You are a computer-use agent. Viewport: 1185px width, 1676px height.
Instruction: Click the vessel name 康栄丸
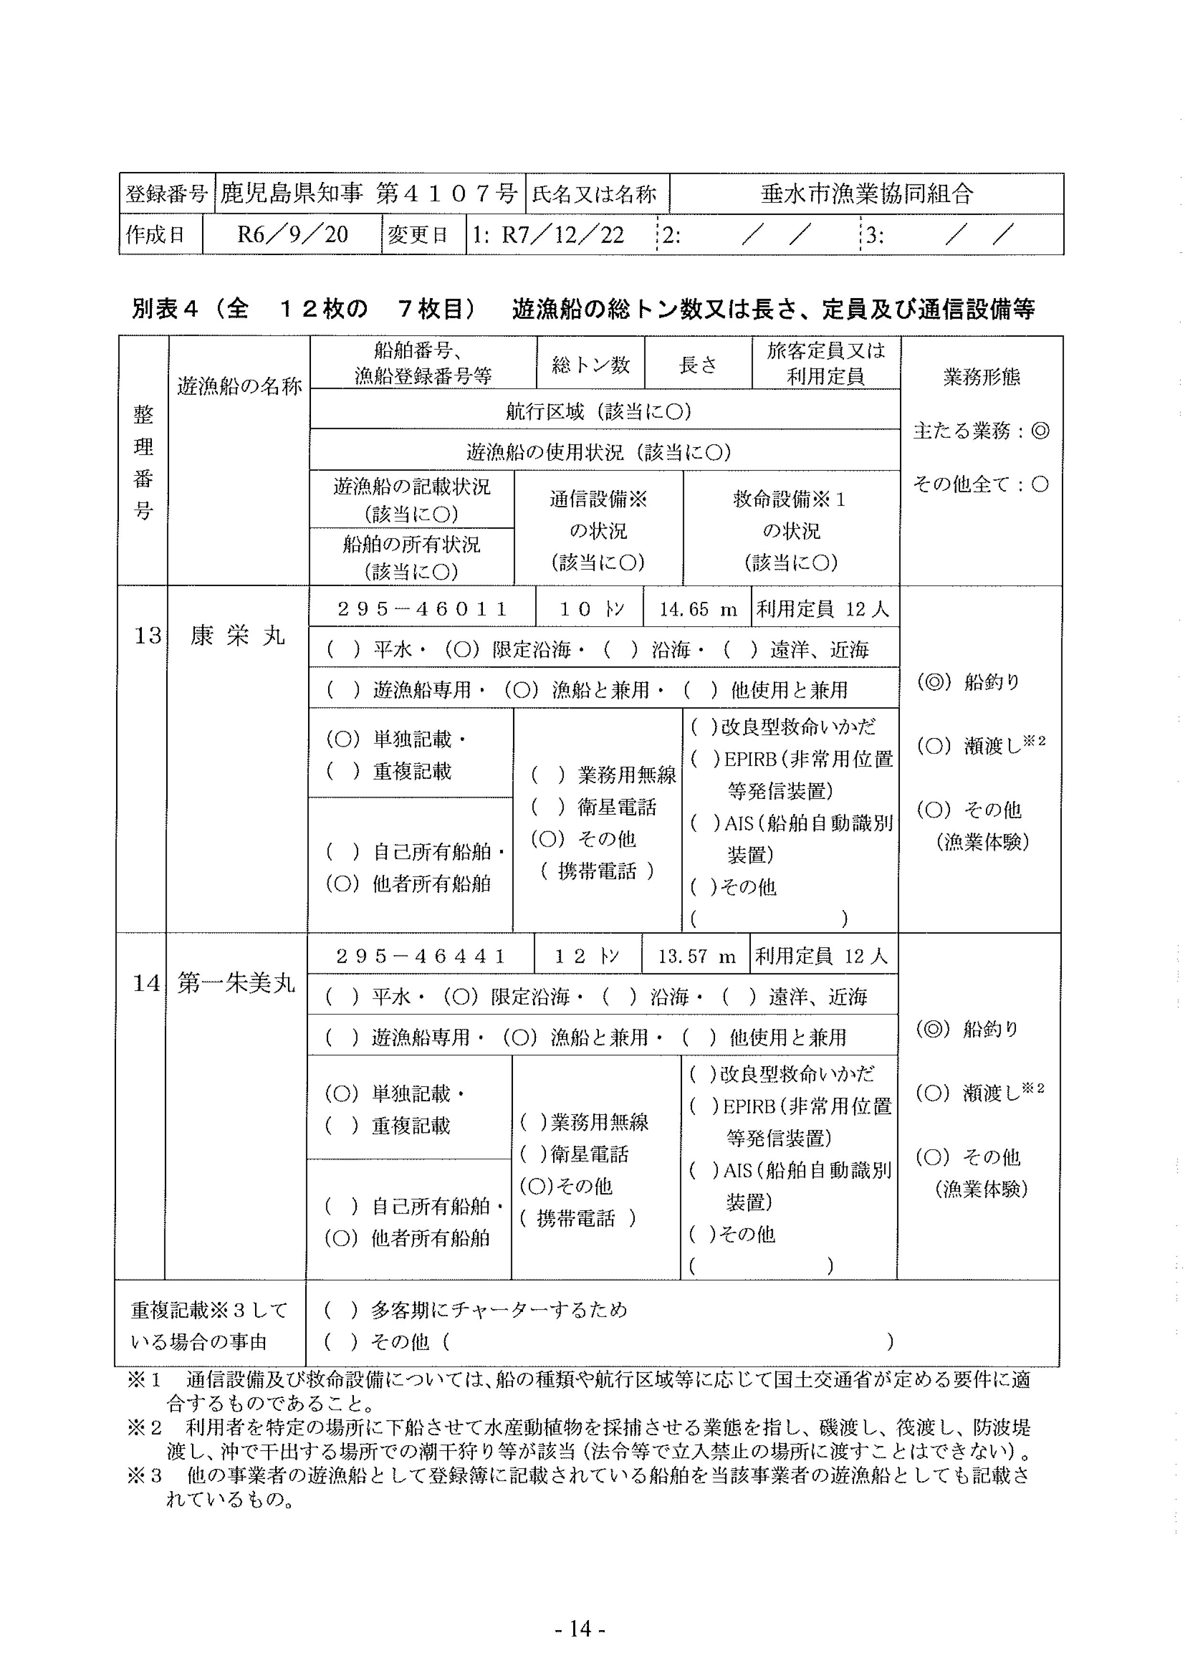[237, 636]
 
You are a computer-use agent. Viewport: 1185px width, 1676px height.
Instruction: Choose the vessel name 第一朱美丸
[235, 983]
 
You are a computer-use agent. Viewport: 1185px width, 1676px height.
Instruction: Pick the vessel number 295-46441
[420, 956]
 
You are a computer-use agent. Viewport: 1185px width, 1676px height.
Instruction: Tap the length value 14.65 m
[697, 609]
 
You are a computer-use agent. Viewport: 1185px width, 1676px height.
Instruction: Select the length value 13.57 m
[696, 956]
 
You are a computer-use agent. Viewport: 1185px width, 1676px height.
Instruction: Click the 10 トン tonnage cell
[589, 609]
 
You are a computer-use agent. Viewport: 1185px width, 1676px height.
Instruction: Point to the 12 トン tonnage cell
[587, 956]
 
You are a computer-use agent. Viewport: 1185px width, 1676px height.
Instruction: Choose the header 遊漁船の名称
[239, 386]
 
